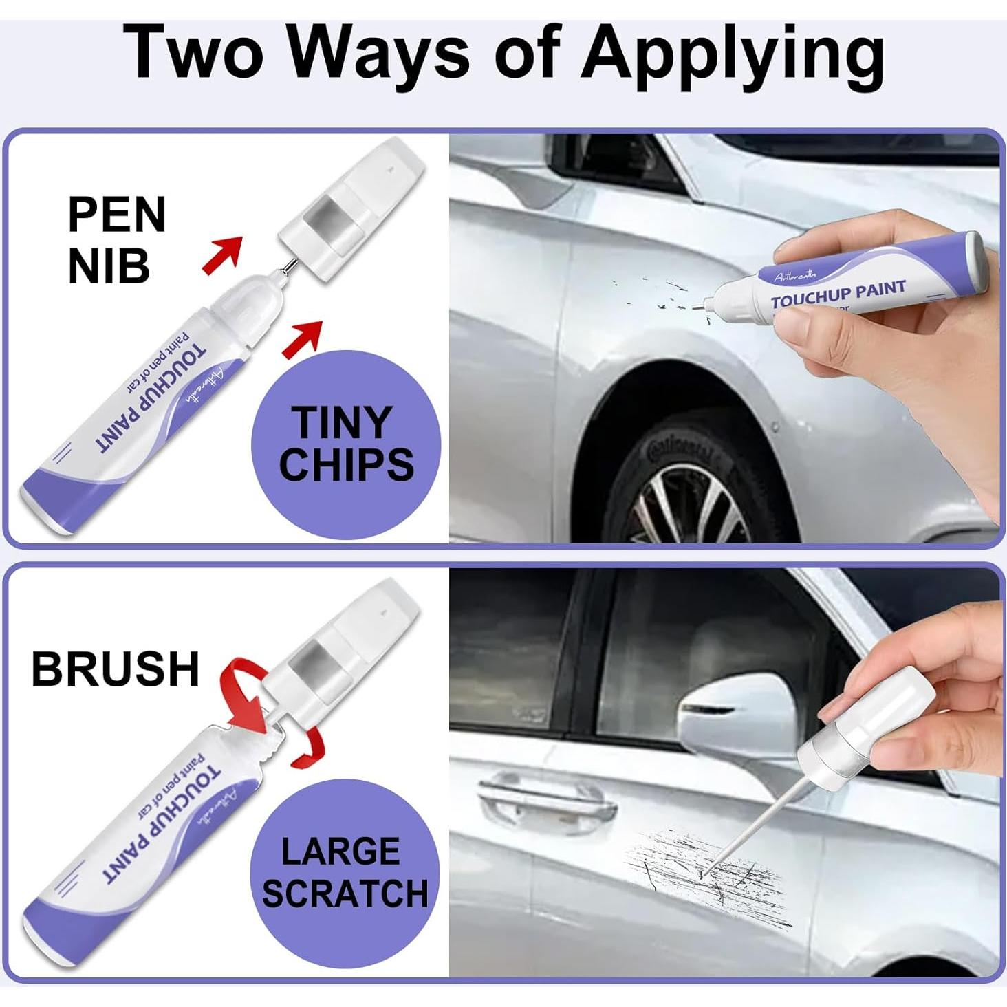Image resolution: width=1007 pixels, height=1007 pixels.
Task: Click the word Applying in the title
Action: (x=732, y=54)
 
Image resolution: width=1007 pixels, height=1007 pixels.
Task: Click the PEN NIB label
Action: (x=116, y=240)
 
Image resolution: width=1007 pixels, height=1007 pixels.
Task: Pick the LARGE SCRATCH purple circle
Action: (x=345, y=872)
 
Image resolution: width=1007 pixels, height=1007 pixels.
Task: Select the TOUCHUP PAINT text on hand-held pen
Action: (x=837, y=295)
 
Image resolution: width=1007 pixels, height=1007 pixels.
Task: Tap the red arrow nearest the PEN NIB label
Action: (x=224, y=254)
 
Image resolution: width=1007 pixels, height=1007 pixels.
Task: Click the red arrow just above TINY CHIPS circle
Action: (x=303, y=338)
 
